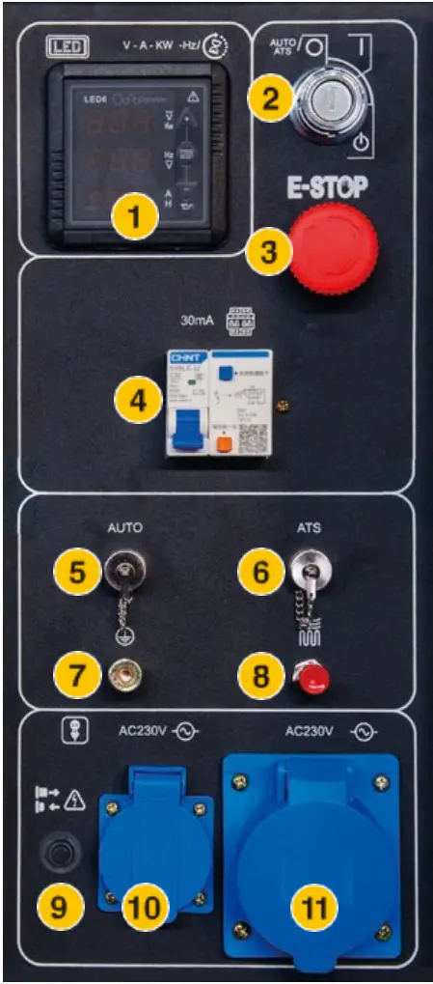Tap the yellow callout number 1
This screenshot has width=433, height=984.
[x=133, y=216]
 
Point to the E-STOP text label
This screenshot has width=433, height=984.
[x=328, y=186]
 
